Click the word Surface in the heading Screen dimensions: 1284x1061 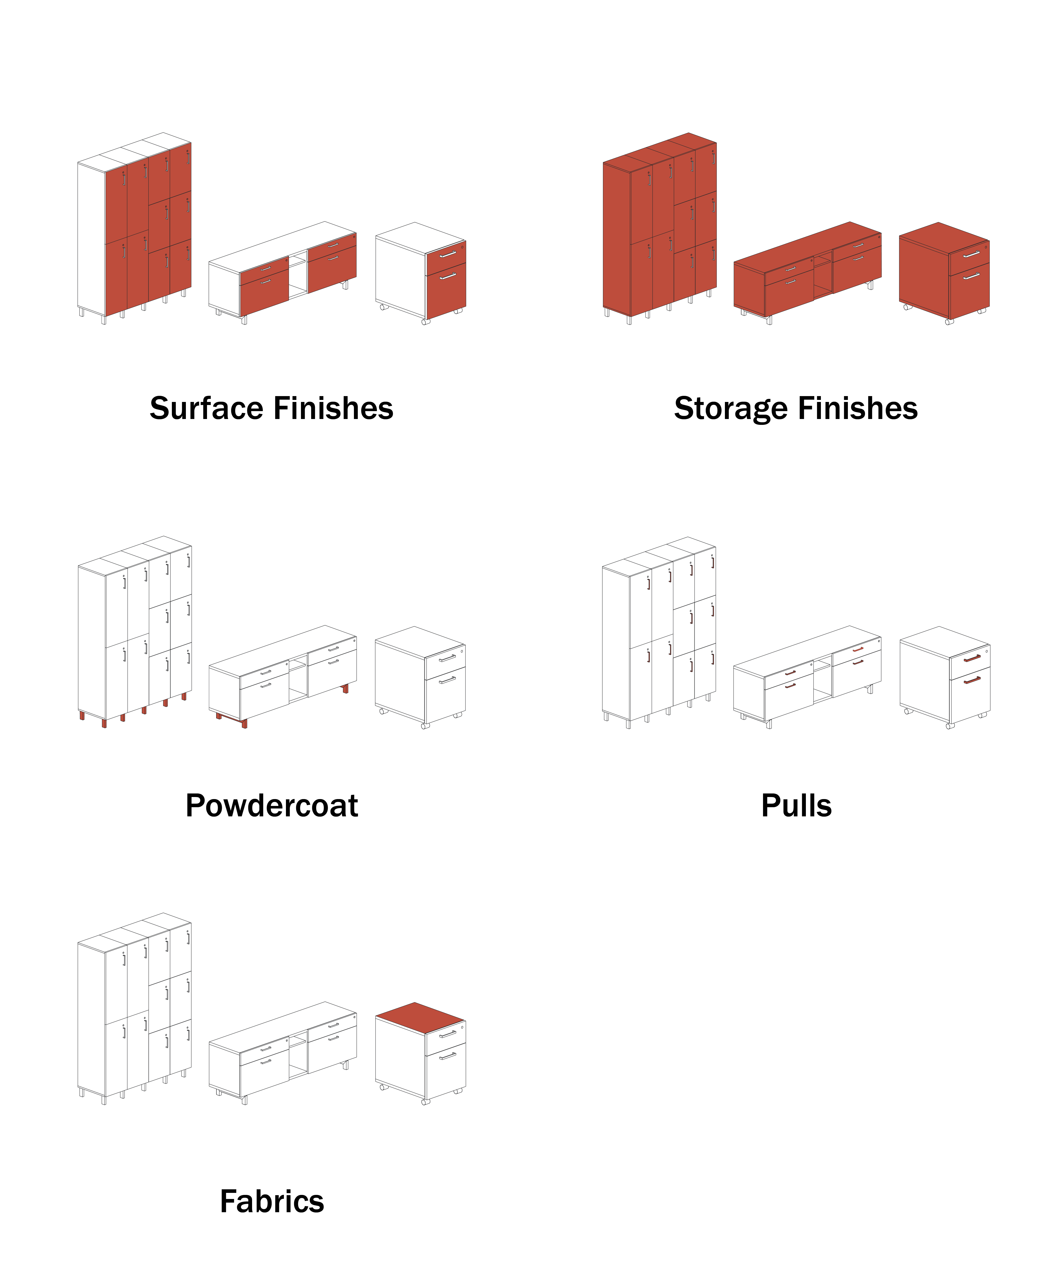(x=205, y=408)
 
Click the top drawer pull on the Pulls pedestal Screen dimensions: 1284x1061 (x=972, y=658)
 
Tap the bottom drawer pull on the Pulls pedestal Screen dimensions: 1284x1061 (x=972, y=680)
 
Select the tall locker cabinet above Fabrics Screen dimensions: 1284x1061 (x=134, y=1008)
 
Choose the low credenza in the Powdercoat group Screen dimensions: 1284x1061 (x=282, y=675)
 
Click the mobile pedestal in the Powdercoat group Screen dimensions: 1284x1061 (x=420, y=675)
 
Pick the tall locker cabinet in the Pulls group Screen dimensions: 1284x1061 (x=659, y=633)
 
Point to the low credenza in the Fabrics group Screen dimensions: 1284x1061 (x=282, y=1051)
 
